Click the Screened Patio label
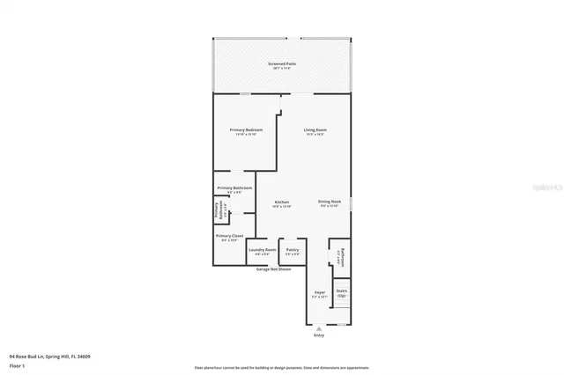pos(282,65)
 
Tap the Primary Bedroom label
pos(246,130)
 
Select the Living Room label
pos(315,130)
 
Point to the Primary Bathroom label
pos(234,188)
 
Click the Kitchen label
pos(282,202)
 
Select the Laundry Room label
pos(263,250)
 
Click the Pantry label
pos(293,250)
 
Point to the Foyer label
pos(320,292)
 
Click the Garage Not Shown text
pos(273,269)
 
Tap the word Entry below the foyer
pos(319,335)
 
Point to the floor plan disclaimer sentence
pos(282,367)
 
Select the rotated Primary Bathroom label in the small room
pos(219,211)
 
